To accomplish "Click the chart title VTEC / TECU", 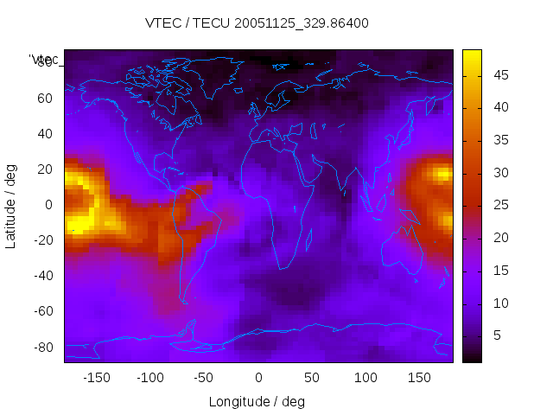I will click(257, 23).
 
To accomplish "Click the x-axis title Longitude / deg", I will click(257, 401).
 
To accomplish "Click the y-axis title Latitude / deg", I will click(11, 205).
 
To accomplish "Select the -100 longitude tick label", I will click(150, 378).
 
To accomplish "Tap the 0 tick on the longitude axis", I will click(258, 378).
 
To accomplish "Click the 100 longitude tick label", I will click(366, 378).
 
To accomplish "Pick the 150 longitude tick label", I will click(420, 378).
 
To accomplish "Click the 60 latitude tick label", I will click(45, 98).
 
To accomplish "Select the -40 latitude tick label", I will click(41, 276).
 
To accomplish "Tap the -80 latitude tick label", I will click(41, 347).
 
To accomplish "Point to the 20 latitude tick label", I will click(45, 169).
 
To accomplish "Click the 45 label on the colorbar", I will click(499, 76).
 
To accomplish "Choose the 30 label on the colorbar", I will click(499, 173).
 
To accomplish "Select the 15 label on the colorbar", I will click(499, 271).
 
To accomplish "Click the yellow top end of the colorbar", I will click(472, 54).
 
